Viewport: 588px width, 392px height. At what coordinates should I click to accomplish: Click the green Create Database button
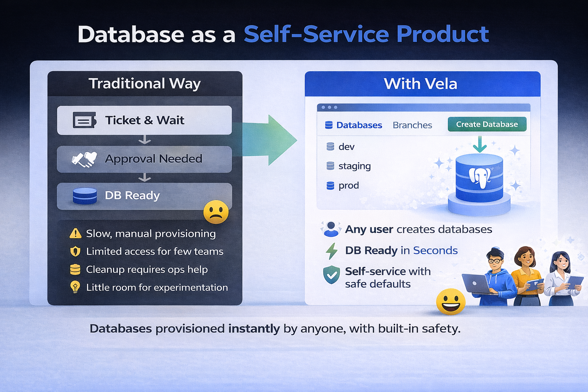(x=487, y=124)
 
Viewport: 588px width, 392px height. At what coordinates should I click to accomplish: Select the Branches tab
(x=412, y=125)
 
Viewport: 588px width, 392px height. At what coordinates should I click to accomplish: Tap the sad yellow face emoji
(x=216, y=212)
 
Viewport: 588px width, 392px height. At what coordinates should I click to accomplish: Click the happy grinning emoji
(x=451, y=302)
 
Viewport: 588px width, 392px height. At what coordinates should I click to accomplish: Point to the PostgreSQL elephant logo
(x=480, y=177)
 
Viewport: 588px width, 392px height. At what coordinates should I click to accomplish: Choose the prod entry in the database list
(x=348, y=186)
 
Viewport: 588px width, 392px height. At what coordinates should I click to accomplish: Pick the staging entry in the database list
(x=354, y=166)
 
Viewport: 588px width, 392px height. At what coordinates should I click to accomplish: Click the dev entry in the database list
(x=346, y=147)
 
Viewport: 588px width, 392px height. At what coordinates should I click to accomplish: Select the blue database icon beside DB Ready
(x=85, y=196)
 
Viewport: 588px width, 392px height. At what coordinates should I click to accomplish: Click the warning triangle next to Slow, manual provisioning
(x=75, y=233)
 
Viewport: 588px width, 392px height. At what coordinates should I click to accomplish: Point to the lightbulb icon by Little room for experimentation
(x=75, y=287)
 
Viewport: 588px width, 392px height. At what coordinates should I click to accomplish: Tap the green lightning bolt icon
(x=332, y=251)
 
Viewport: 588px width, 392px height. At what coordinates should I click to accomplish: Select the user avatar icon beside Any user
(x=331, y=229)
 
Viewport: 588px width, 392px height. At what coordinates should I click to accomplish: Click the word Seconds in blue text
(x=435, y=250)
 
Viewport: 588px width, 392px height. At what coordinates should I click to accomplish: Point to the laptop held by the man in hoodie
(x=476, y=284)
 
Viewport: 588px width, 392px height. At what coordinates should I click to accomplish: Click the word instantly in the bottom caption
(x=254, y=328)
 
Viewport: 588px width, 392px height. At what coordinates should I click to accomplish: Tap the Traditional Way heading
(x=145, y=83)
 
